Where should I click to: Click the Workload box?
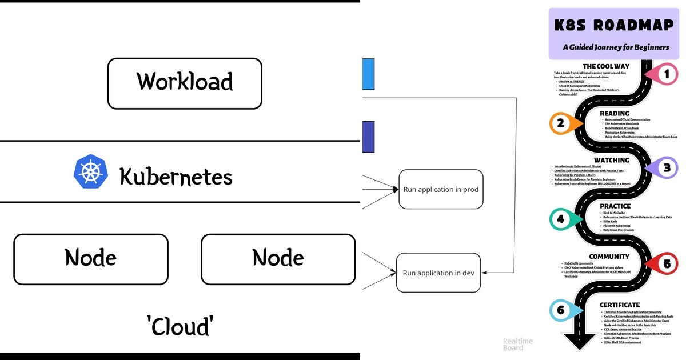(185, 83)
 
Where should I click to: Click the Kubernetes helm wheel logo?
(91, 171)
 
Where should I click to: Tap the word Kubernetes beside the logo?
(176, 177)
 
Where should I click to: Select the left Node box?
(91, 259)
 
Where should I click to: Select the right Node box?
(278, 259)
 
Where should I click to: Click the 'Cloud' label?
(180, 326)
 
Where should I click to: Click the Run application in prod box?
(441, 189)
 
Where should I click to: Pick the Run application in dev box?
(438, 273)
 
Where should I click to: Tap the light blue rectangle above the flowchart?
(368, 74)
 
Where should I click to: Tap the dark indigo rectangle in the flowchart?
(368, 137)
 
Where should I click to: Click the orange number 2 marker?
(561, 123)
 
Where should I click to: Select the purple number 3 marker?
(666, 168)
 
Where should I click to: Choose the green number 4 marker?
(561, 219)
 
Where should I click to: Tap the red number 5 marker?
(666, 264)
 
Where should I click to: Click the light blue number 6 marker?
(561, 310)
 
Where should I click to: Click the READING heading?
(615, 113)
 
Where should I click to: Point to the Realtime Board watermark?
(517, 345)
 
